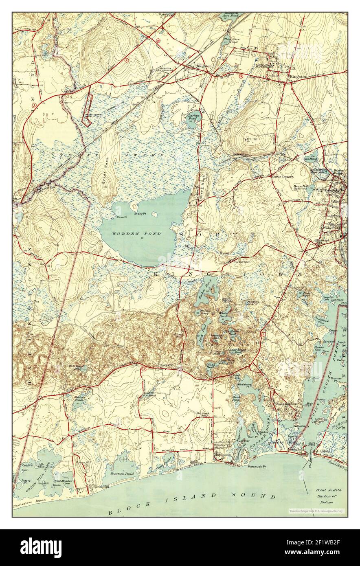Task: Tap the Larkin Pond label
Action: coord(193,117)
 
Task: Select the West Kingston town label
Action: coord(199,66)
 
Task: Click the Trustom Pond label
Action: coord(122,474)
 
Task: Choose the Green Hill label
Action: coord(84,462)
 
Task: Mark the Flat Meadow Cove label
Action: coord(63,483)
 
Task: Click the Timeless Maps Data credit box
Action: coord(316,511)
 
